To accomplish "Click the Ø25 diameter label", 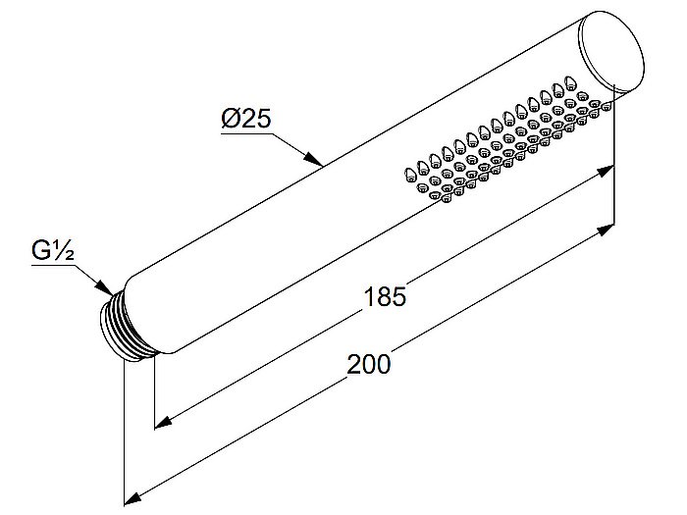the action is (246, 119).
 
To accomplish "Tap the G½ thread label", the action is (53, 251).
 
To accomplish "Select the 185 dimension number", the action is (386, 296).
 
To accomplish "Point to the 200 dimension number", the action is (368, 364).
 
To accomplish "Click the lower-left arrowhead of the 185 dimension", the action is (163, 422).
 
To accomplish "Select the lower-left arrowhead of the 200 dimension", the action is (132, 498).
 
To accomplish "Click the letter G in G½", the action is (41, 251).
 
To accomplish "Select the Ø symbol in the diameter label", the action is (231, 119).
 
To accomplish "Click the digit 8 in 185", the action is (386, 296).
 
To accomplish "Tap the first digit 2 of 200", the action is (354, 364).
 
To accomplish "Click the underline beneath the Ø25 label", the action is (247, 132).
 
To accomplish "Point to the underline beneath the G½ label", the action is (53, 265).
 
